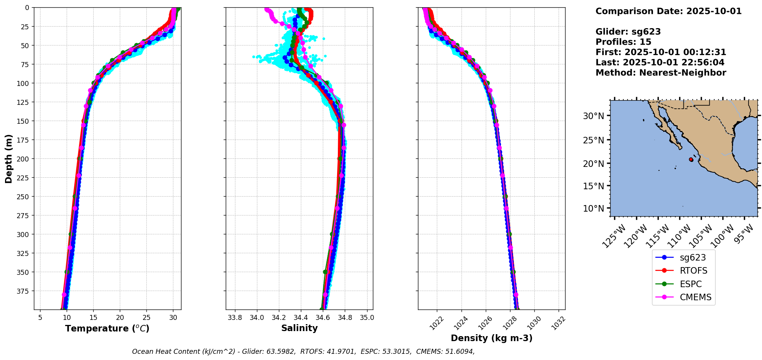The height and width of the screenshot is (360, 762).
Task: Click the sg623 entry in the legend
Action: pos(692,257)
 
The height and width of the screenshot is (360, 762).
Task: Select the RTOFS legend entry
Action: pos(693,271)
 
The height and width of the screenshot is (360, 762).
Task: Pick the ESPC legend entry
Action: pos(690,284)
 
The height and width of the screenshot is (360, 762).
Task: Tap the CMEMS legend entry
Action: pos(695,297)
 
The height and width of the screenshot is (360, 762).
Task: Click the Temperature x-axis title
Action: pos(107,328)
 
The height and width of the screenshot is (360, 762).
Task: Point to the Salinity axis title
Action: pos(299,328)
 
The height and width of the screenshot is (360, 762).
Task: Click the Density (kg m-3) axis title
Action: pos(492,338)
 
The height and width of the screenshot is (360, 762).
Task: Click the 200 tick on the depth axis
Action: pos(24,159)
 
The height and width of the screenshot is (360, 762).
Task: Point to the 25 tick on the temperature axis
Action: pos(146,318)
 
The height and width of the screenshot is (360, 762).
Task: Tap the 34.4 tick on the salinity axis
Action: pos(301,318)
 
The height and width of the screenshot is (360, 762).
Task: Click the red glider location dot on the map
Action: pos(691,160)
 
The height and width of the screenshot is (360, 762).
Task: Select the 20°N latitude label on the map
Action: pos(593,163)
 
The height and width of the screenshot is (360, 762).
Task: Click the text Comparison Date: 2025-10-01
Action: pos(668,11)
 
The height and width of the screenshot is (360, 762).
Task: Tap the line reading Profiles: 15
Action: pos(623,42)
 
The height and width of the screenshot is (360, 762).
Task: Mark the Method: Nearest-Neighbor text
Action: pos(661,73)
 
